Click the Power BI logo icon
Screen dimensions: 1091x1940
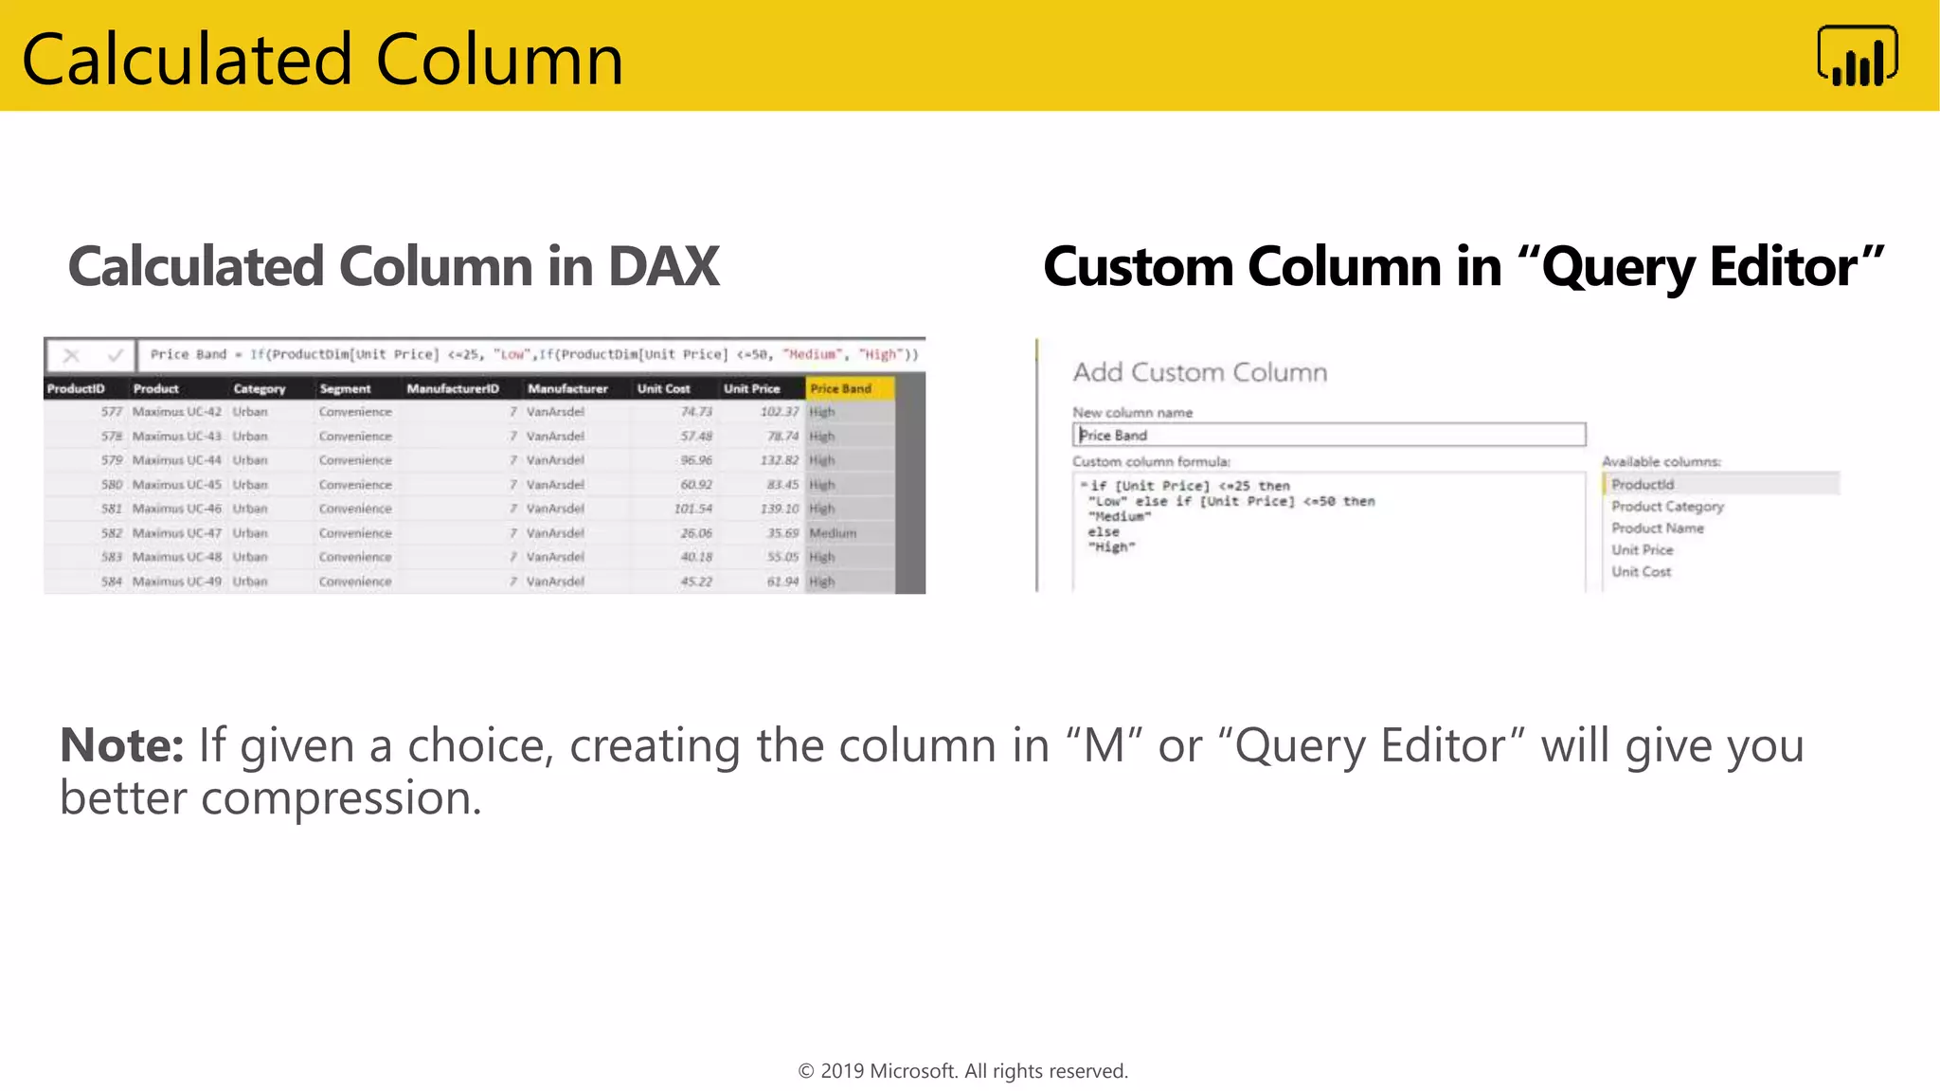[x=1857, y=57]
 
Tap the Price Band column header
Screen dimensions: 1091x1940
[x=841, y=388]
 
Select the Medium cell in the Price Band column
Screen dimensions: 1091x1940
[x=833, y=533]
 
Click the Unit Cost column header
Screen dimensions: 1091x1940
[x=663, y=388]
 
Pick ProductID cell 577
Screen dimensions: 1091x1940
[x=112, y=412]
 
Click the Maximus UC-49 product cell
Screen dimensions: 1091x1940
[x=177, y=581]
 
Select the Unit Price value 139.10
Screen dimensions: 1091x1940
[x=780, y=509]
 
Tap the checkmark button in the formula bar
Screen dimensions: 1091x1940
[x=116, y=355]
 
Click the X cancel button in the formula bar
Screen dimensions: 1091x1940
[x=71, y=355]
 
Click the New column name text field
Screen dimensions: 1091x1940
[x=1328, y=435]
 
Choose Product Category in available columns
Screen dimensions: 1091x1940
[x=1667, y=507]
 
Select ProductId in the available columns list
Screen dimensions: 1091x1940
[x=1643, y=484]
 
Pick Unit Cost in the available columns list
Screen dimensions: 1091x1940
[x=1641, y=572]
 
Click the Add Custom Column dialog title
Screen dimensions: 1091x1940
[x=1199, y=372]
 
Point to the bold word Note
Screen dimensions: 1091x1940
[x=121, y=745]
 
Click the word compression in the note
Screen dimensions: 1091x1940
[x=341, y=798]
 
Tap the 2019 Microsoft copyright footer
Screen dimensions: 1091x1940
[x=962, y=1071]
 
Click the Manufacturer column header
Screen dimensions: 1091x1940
[x=567, y=388]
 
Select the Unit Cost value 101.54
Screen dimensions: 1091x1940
[x=692, y=509]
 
